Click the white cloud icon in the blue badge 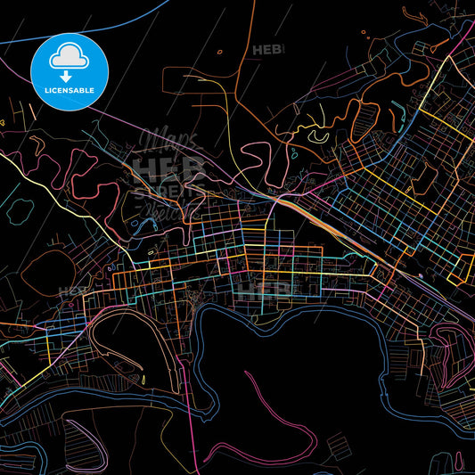[x=70, y=54]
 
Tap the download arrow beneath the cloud [x=70, y=77]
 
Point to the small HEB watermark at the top [x=267, y=50]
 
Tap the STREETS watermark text [x=169, y=190]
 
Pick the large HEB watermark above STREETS [x=169, y=168]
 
